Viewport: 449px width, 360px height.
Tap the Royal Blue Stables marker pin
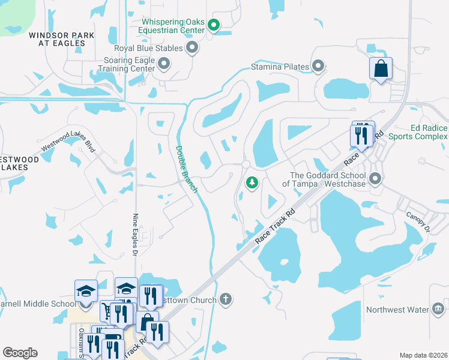192,47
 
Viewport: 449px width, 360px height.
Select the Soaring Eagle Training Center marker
164,63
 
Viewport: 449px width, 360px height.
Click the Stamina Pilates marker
318,66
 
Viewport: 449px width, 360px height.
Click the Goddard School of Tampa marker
376,178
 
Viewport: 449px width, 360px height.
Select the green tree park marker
253,182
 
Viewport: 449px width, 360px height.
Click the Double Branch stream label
186,169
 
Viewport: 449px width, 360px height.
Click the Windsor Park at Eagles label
61,40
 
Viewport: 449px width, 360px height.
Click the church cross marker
226,299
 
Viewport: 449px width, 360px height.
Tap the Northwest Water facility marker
438,309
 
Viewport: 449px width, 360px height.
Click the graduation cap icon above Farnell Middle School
86,291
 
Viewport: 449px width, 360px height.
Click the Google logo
20,353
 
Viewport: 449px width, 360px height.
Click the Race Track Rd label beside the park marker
276,226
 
